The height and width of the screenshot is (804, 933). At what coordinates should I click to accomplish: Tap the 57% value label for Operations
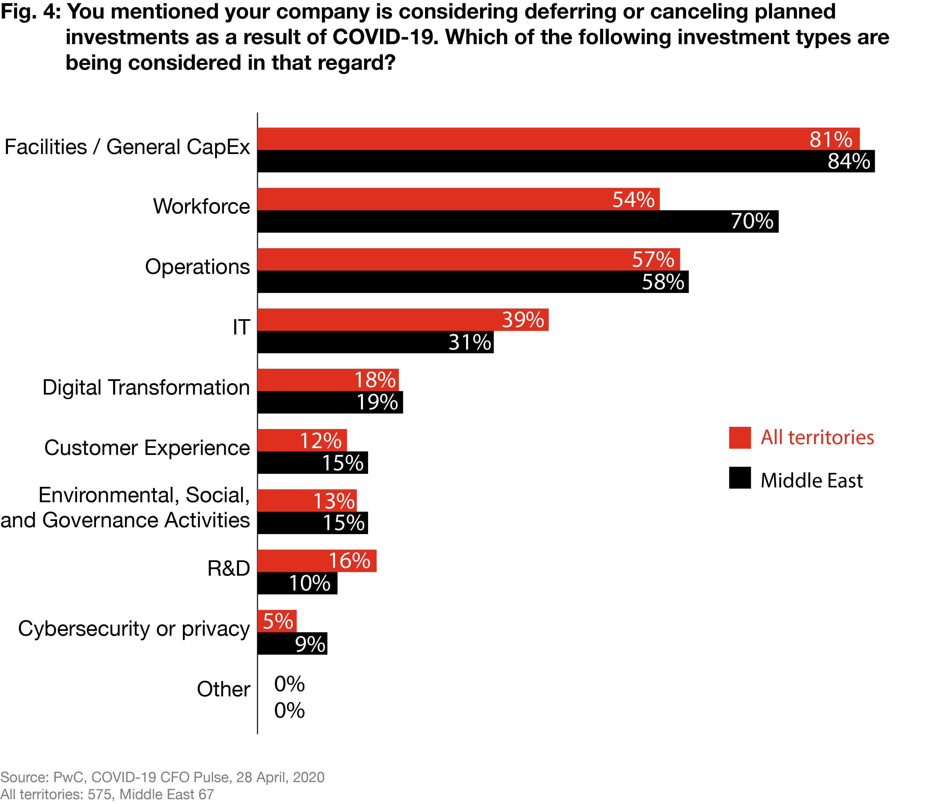(x=653, y=259)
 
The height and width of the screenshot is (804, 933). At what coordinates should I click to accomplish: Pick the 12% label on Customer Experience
(x=320, y=440)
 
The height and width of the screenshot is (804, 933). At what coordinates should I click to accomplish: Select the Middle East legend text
(x=811, y=481)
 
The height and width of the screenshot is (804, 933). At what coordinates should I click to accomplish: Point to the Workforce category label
(x=201, y=206)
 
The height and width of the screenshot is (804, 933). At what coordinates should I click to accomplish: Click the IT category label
(x=241, y=327)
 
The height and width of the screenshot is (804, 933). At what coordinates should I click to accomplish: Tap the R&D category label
(x=228, y=568)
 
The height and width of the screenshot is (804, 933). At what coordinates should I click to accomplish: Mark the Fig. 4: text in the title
(x=30, y=12)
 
